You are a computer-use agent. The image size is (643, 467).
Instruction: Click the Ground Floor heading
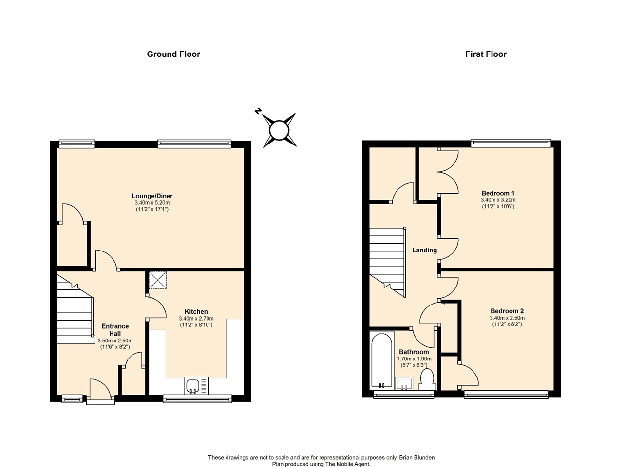tap(173, 54)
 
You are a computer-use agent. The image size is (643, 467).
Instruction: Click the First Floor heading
tap(486, 54)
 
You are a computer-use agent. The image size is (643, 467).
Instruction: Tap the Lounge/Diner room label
tap(152, 196)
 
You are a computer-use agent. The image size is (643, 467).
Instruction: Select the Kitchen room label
tap(196, 312)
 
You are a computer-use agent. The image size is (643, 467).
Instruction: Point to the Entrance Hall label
tap(115, 330)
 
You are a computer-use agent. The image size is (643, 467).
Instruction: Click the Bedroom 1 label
tap(498, 193)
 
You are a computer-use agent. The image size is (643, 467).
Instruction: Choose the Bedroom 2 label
tap(507, 311)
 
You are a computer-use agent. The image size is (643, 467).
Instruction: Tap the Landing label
tap(425, 250)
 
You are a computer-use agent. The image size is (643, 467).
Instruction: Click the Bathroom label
tap(414, 352)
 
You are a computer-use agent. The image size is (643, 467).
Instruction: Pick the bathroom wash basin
tap(404, 384)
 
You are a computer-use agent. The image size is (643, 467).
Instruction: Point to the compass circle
tap(279, 130)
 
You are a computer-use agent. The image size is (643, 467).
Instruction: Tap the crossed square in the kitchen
tap(158, 280)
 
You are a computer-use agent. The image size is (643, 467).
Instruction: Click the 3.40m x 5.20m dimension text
tap(152, 203)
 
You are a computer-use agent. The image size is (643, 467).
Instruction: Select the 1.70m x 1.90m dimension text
tap(414, 359)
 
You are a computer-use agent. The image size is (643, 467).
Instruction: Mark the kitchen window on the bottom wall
tap(197, 398)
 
